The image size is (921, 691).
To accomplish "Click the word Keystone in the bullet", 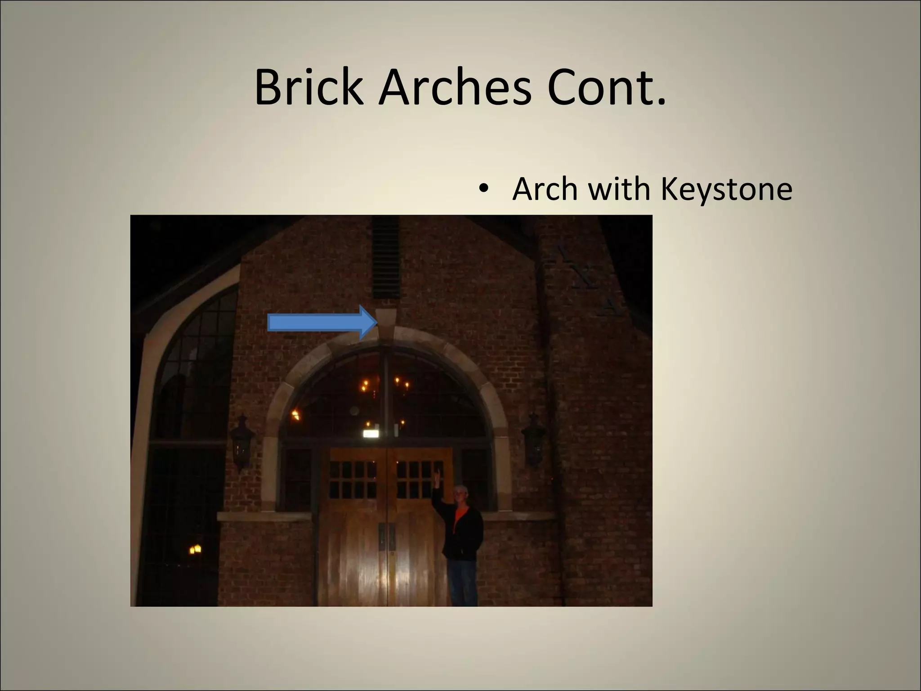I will tap(726, 190).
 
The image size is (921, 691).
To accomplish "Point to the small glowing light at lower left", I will tap(195, 549).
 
